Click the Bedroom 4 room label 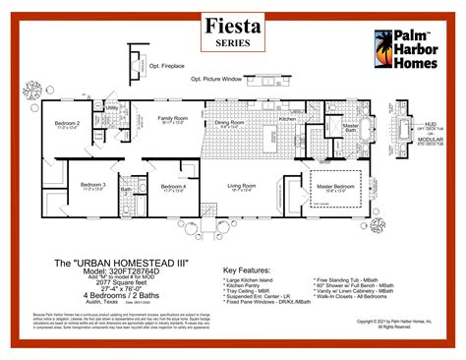(173, 185)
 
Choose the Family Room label (173, 119)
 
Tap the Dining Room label (232, 123)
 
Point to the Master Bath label (350, 126)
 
